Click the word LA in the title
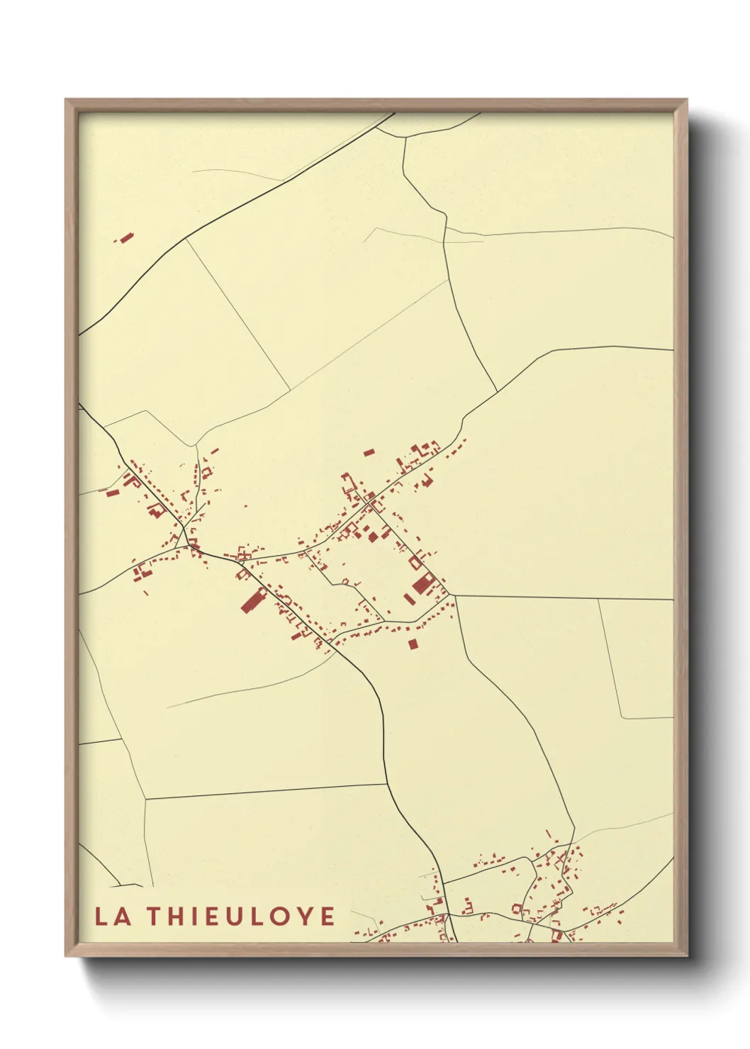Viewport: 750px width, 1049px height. [x=113, y=916]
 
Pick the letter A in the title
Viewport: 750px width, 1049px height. [x=122, y=916]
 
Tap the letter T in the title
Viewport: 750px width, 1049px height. [x=156, y=916]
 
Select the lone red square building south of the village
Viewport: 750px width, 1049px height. [x=413, y=644]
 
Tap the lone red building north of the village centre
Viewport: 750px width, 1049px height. [x=369, y=451]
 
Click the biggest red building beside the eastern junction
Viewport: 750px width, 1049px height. [x=423, y=585]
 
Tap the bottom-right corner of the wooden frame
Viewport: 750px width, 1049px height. [x=686, y=955]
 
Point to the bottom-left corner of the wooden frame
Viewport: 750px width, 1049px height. [x=67, y=955]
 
